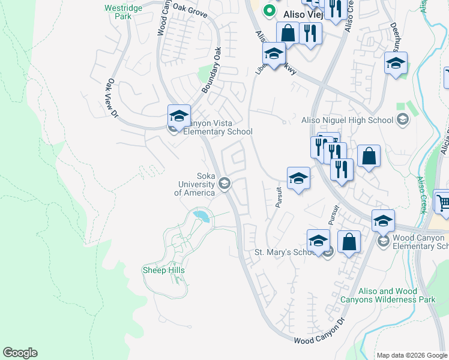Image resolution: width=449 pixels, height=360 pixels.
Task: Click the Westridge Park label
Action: [118, 12]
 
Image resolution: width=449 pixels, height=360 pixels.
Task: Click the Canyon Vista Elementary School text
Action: [217, 127]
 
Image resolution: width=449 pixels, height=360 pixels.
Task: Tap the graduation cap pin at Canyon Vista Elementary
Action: [179, 116]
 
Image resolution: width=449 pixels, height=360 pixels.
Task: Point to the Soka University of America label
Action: [194, 184]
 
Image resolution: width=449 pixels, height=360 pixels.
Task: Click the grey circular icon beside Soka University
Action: [225, 184]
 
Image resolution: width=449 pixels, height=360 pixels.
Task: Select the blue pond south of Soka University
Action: [201, 216]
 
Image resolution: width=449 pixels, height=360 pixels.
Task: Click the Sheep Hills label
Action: [163, 271]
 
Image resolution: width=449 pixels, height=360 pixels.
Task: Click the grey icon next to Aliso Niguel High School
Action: [403, 120]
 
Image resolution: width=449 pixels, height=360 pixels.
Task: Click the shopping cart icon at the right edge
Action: [443, 203]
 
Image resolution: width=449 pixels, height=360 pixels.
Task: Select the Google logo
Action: [20, 353]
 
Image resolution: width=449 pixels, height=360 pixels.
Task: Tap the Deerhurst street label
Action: [395, 38]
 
